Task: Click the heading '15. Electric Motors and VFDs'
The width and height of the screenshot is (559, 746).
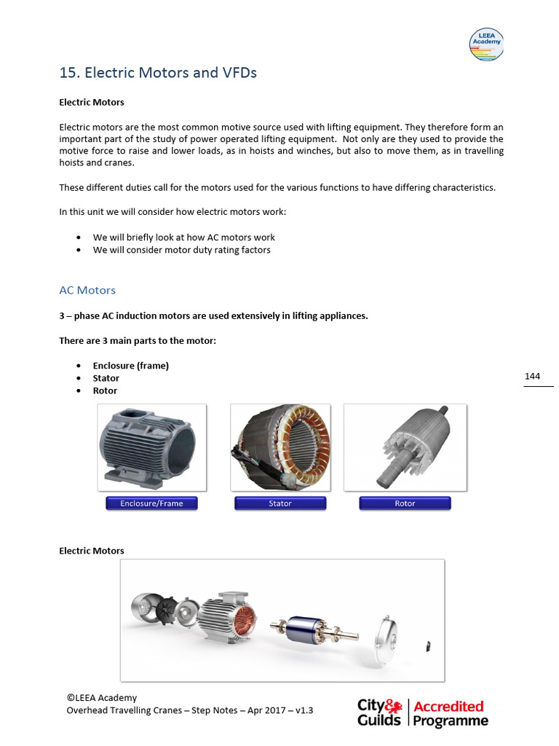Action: [157, 73]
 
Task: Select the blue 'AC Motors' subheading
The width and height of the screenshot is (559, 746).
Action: [87, 290]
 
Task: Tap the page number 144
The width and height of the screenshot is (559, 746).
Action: [532, 376]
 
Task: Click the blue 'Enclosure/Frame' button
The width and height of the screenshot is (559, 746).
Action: [151, 503]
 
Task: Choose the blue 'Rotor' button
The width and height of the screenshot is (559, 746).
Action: [405, 503]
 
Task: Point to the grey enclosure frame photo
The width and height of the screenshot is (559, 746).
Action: [151, 447]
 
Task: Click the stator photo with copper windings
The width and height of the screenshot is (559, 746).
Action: [280, 447]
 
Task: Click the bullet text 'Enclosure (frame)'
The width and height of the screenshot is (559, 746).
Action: [130, 366]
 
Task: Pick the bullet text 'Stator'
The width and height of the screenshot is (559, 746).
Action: [106, 378]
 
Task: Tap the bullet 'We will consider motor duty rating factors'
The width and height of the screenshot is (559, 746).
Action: [181, 250]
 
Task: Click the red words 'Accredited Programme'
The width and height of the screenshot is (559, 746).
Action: [450, 713]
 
